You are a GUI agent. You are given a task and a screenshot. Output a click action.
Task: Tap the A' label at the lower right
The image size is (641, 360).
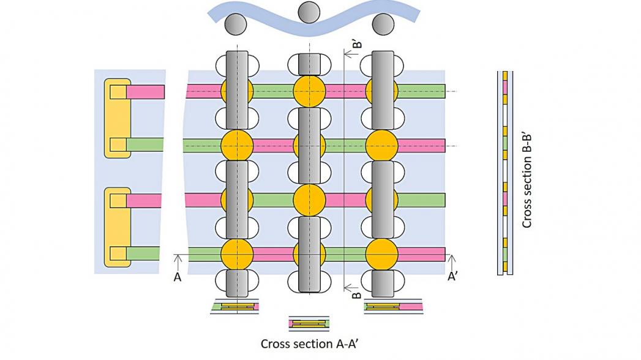point(454,277)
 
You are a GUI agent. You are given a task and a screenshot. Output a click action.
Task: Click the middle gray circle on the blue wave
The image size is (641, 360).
point(307,10)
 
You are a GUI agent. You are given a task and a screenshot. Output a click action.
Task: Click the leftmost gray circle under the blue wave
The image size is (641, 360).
point(236,24)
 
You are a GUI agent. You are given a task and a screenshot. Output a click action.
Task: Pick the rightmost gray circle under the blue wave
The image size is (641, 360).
point(383,24)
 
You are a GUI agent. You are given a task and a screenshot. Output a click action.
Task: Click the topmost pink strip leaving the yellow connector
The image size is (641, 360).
point(146,92)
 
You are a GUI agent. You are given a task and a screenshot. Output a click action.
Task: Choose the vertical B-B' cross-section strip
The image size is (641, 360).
point(505,173)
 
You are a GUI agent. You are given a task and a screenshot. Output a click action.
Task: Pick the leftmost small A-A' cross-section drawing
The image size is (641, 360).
point(234,306)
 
